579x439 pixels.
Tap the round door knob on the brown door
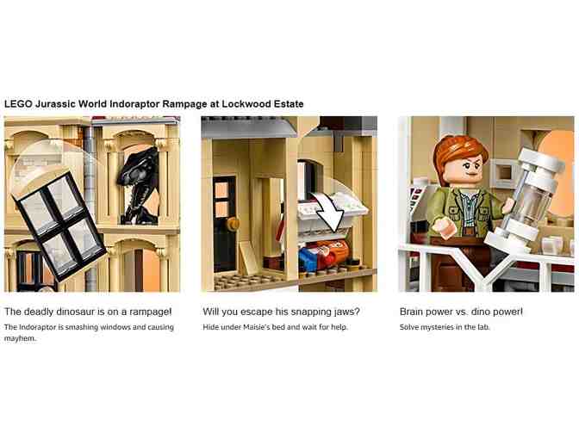tap(233, 223)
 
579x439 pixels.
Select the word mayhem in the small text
tap(21, 338)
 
